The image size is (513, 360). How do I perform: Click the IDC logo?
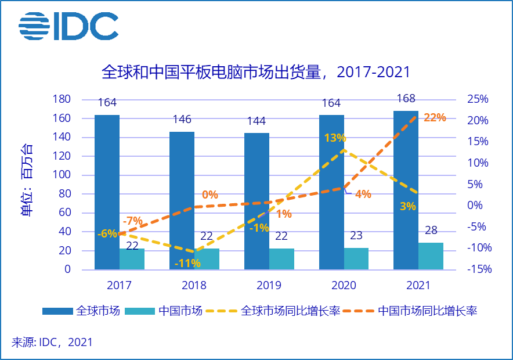[68, 26]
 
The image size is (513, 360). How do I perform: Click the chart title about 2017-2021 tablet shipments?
[256, 72]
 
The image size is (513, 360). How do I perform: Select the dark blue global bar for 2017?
[107, 192]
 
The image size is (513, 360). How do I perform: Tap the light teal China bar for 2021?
[431, 256]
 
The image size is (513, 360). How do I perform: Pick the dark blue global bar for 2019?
[256, 201]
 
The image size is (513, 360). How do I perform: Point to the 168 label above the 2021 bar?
[406, 98]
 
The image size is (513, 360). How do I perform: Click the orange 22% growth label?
[435, 117]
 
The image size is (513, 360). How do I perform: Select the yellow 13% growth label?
[335, 138]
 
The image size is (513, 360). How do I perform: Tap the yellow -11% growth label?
[187, 263]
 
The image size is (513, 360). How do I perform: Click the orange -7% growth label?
[132, 221]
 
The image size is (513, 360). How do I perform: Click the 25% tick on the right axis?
[478, 99]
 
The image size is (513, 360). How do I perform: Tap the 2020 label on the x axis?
[344, 285]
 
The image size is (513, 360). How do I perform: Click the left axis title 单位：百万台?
[27, 180]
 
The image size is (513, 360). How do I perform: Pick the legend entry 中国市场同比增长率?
[427, 311]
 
